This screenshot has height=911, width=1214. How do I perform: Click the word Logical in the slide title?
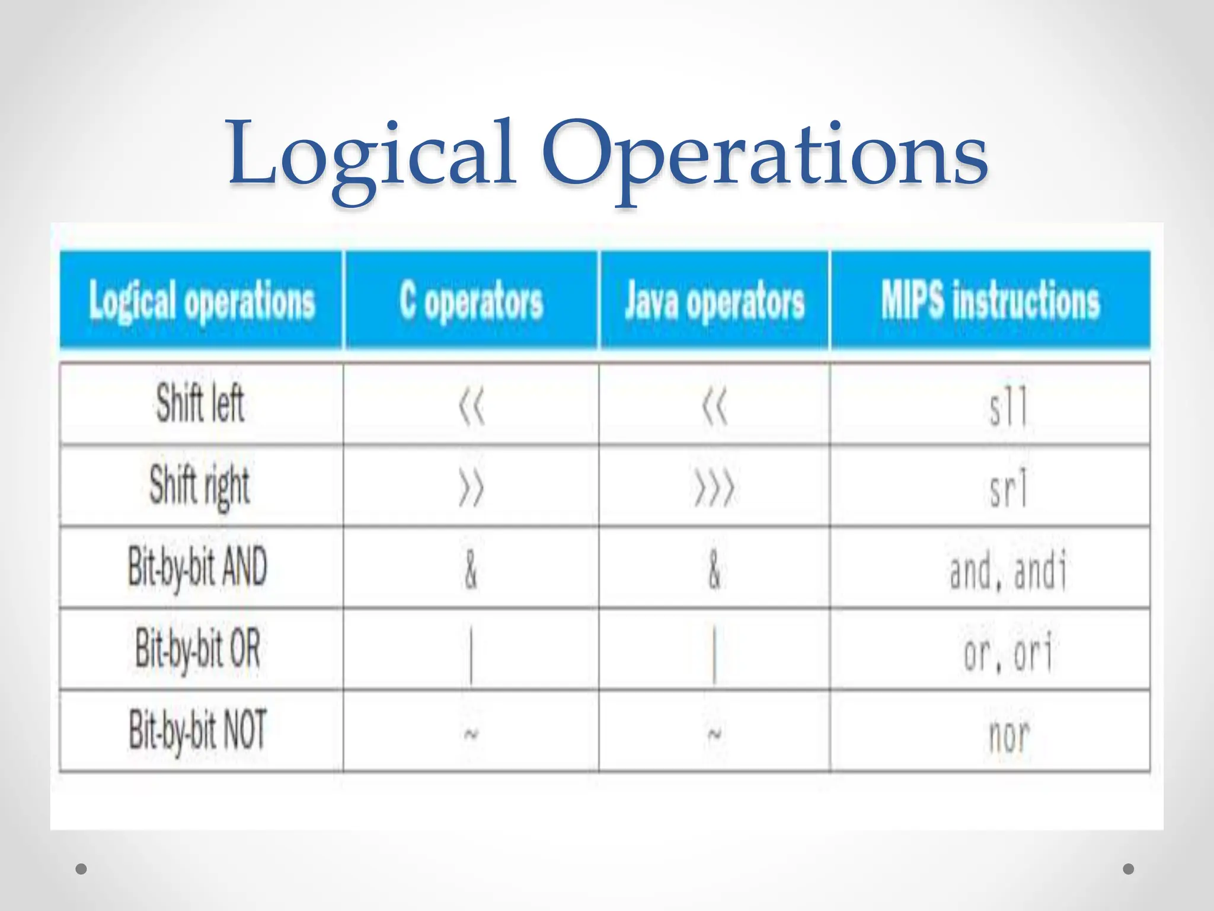(x=372, y=155)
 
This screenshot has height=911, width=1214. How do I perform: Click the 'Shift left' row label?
(x=200, y=404)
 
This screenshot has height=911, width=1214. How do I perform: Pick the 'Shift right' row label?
(x=199, y=486)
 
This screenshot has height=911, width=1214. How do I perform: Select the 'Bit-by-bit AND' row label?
(x=197, y=568)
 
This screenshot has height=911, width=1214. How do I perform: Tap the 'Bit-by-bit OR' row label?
(x=197, y=649)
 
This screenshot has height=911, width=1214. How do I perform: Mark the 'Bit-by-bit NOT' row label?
(x=197, y=731)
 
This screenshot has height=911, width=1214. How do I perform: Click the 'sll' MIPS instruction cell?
(x=1008, y=407)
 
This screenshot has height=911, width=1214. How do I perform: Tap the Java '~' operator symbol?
(x=714, y=734)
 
